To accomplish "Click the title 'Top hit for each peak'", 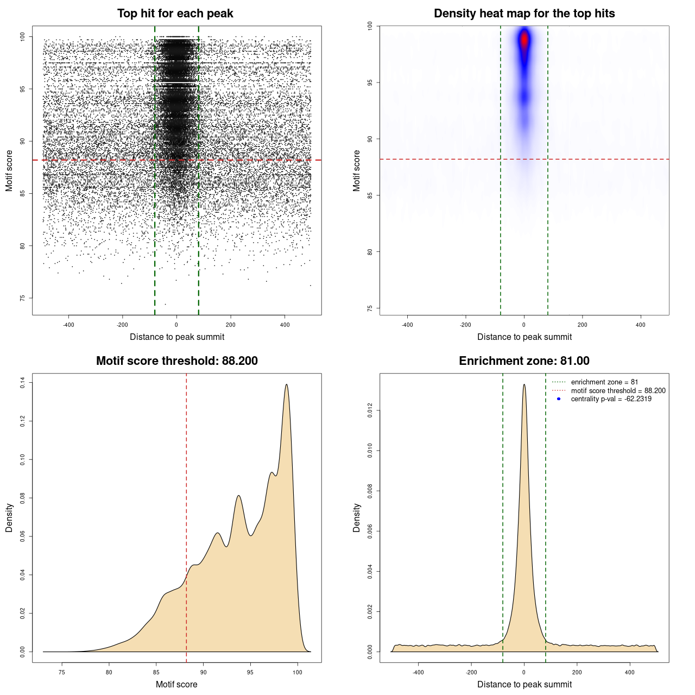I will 175,14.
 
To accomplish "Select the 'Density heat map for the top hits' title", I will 524,14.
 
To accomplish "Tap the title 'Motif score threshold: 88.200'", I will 176,361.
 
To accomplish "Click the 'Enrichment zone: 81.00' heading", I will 524,361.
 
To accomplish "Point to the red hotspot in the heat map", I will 524,40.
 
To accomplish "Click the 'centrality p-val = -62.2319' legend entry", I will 611,399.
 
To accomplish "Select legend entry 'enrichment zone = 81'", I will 604,382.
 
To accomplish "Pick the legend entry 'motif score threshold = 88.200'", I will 618,390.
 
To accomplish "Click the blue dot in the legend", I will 559,399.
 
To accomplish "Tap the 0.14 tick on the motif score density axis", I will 23,383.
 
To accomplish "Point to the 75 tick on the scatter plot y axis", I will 23,298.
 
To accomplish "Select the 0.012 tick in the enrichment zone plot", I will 370,411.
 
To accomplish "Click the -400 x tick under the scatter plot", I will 68,325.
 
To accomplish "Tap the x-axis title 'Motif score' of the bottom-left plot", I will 176,684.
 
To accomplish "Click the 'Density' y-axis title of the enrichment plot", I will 357,517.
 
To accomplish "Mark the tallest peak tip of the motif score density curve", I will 286,384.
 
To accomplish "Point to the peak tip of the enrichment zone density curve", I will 524,384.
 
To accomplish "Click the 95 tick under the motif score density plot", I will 250,672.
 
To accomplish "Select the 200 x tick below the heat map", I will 583,325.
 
